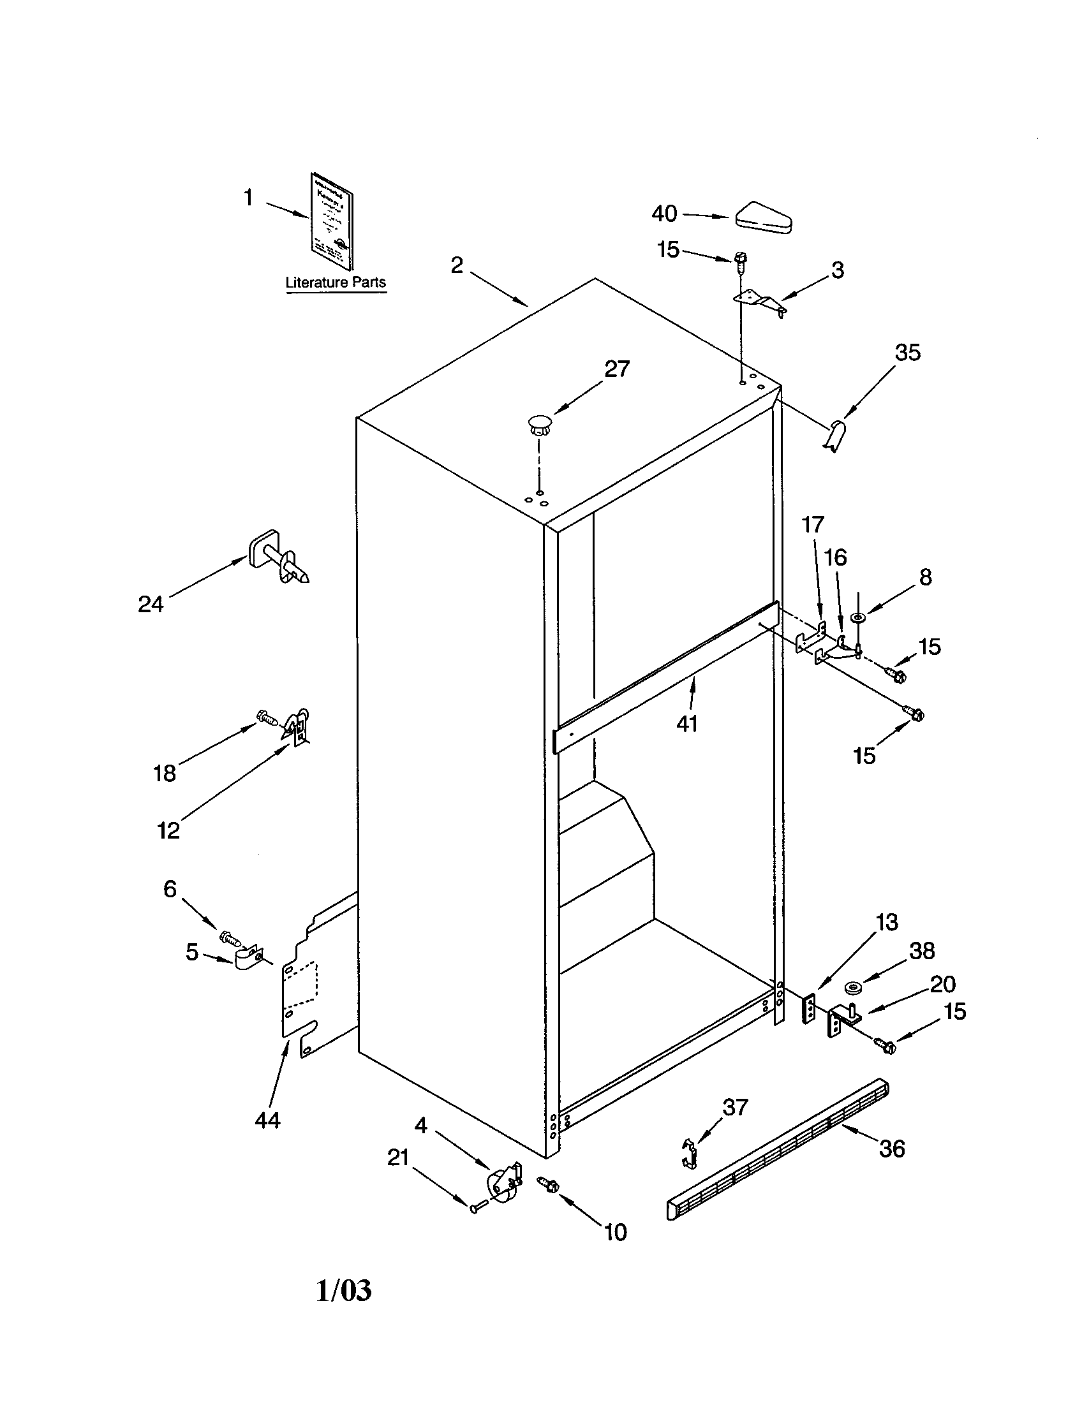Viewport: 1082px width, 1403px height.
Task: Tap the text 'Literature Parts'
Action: coord(336,282)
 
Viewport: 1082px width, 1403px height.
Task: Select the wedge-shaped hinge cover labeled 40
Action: coord(764,218)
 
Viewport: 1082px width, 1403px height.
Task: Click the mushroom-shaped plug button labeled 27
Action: coord(540,424)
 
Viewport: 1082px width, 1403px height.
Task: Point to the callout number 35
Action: coord(908,353)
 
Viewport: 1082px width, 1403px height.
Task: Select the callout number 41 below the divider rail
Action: coord(687,724)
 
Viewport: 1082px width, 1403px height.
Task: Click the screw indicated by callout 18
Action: coord(266,717)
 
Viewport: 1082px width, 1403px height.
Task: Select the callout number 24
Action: coord(151,604)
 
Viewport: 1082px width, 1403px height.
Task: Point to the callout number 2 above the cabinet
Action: coord(457,265)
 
